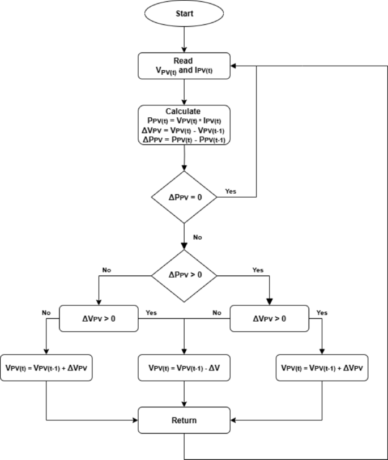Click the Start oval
click(184, 14)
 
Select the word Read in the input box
click(184, 59)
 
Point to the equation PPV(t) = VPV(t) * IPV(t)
click(184, 121)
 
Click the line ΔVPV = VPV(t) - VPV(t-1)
click(184, 130)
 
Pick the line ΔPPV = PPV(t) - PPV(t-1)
click(184, 139)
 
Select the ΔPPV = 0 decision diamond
click(184, 197)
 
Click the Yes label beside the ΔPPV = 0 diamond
click(231, 191)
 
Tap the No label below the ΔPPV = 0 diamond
click(197, 237)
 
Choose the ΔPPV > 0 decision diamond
click(184, 275)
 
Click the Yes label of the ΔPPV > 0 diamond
click(258, 270)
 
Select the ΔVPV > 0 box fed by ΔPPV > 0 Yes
click(269, 318)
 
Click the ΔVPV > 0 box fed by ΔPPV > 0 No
click(99, 318)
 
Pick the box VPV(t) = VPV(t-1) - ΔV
click(184, 367)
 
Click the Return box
click(184, 420)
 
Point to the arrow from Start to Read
click(184, 40)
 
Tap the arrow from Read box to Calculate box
click(184, 91)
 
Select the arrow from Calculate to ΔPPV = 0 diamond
click(184, 159)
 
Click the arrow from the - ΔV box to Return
click(184, 394)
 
